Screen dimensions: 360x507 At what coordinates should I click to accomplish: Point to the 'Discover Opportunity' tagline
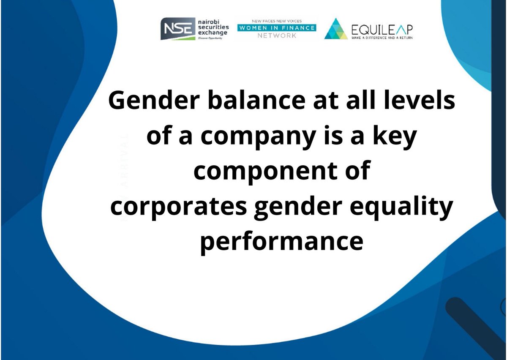point(210,38)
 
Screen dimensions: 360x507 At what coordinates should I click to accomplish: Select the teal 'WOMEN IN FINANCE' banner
point(277,28)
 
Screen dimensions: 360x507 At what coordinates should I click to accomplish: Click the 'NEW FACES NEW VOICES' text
point(277,21)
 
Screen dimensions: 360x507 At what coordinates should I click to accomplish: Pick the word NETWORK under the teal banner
point(277,36)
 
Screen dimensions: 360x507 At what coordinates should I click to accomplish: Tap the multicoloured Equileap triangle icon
point(335,29)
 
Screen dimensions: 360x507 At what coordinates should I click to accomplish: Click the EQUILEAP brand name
point(382,29)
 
